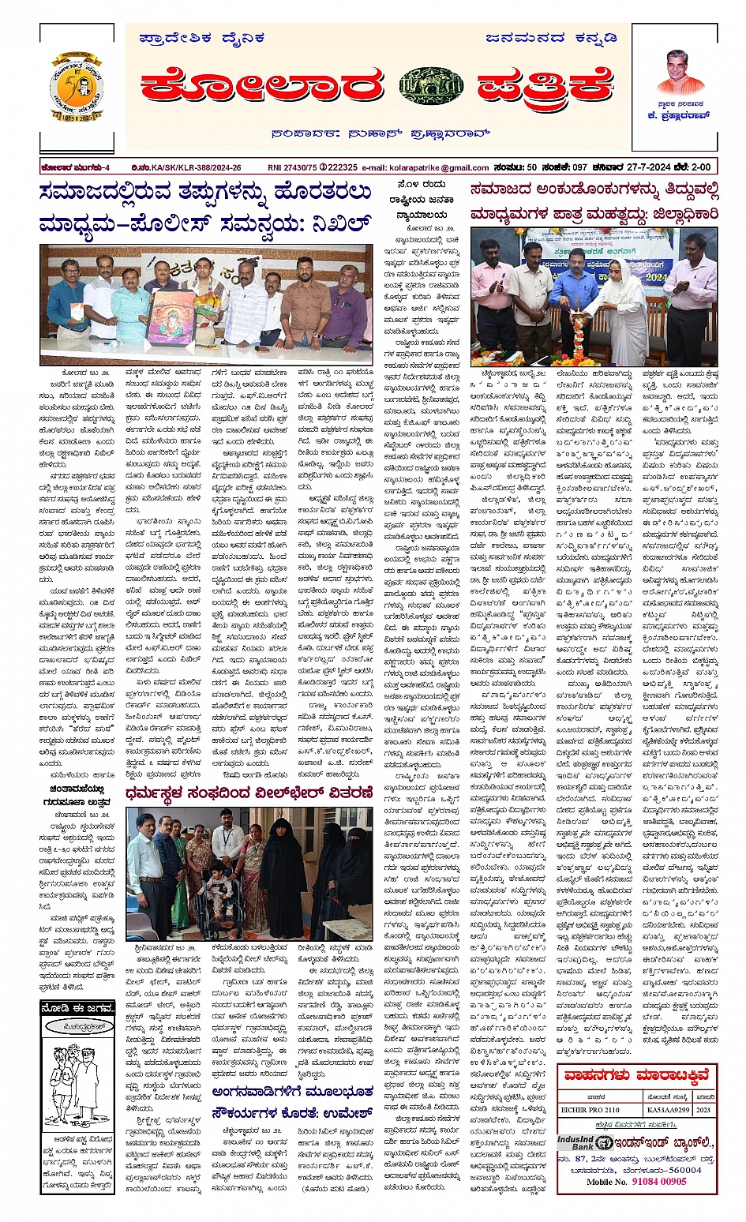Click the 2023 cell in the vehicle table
pyautogui.click(x=704, y=1109)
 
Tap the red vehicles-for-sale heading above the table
pyautogui.click(x=636, y=1075)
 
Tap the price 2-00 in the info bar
pyautogui.click(x=701, y=167)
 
